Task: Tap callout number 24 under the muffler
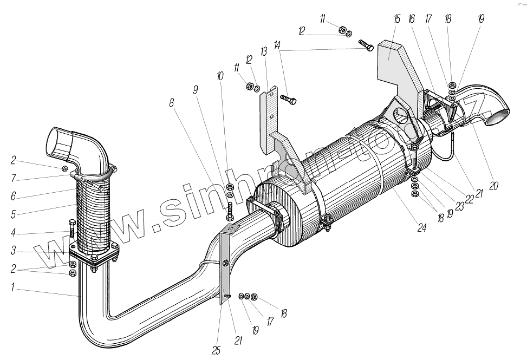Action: (x=421, y=228)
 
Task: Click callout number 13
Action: (x=264, y=51)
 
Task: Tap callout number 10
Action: (x=220, y=76)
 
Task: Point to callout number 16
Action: (x=412, y=19)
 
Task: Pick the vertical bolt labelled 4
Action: (x=71, y=230)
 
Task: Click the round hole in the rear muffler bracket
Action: (x=401, y=115)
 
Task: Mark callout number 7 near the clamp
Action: (x=12, y=176)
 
